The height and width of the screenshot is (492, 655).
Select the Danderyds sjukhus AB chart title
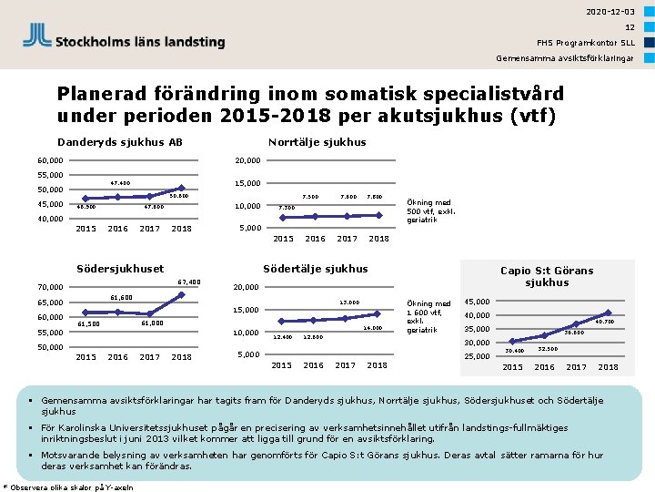point(120,141)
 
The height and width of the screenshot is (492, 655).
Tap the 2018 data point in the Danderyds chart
point(182,189)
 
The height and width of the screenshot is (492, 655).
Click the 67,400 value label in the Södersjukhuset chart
point(189,282)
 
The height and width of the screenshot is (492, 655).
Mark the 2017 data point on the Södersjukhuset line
point(150,314)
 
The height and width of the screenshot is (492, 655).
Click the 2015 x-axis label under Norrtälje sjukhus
point(283,240)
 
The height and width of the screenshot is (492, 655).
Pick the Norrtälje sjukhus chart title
point(317,141)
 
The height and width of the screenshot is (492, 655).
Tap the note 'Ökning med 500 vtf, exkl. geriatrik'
point(431,211)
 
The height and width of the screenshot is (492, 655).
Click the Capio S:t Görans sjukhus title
point(547,276)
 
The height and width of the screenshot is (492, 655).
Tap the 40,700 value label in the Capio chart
point(604,322)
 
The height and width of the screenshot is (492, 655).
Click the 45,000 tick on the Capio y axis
point(478,302)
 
